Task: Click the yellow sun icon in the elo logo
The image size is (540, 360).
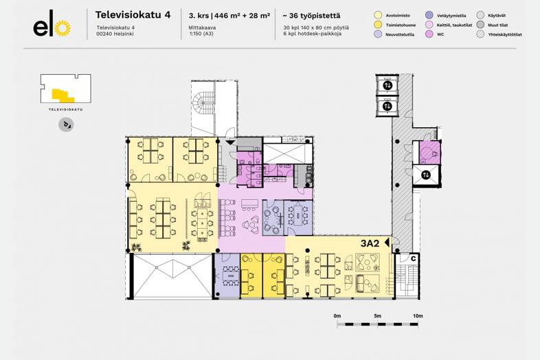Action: click(x=63, y=28)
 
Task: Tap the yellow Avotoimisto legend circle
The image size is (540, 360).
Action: click(x=378, y=14)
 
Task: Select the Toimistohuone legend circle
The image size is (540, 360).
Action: click(x=378, y=24)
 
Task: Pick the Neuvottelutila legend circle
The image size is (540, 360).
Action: click(x=378, y=34)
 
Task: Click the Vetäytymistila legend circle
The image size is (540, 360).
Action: click(x=429, y=14)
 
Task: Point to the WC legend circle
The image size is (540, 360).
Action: click(x=429, y=34)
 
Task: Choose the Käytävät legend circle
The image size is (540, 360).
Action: click(x=480, y=14)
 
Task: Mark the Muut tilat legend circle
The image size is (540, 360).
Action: click(x=480, y=24)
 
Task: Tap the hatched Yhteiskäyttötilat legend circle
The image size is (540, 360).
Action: click(x=480, y=34)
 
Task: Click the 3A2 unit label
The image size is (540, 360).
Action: click(x=370, y=243)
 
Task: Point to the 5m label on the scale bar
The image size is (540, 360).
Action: click(x=377, y=316)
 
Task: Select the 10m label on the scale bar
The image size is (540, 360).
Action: click(x=417, y=316)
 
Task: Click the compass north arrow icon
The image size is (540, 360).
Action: click(x=67, y=124)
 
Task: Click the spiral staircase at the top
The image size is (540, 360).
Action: click(x=203, y=106)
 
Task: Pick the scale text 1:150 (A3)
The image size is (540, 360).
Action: click(x=201, y=33)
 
